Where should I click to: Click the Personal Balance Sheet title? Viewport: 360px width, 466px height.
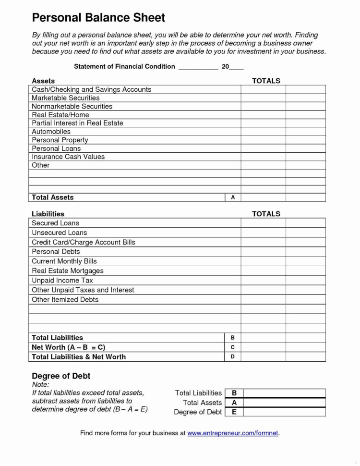pyautogui.click(x=98, y=18)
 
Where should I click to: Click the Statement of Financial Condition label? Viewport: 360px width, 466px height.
pyautogui.click(x=124, y=66)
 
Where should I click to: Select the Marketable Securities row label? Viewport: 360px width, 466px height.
pyautogui.click(x=66, y=98)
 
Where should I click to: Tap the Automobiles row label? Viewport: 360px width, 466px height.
pyautogui.click(x=51, y=132)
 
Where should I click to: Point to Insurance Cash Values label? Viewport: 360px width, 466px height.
pyautogui.click(x=68, y=157)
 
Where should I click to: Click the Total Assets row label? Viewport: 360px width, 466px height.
pyautogui.click(x=53, y=197)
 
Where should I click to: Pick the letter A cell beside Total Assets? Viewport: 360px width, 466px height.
pyautogui.click(x=233, y=197)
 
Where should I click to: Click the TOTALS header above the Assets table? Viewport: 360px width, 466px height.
pyautogui.click(x=266, y=81)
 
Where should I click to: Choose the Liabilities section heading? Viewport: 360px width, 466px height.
pyautogui.click(x=48, y=214)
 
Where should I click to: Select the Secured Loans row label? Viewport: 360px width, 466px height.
pyautogui.click(x=55, y=223)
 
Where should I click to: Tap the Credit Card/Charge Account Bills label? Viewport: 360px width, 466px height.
pyautogui.click(x=84, y=242)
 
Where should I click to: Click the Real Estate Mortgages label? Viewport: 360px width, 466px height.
pyautogui.click(x=67, y=271)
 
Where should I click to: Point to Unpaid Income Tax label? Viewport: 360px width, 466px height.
pyautogui.click(x=62, y=281)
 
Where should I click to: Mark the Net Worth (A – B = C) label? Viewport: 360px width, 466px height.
pyautogui.click(x=68, y=347)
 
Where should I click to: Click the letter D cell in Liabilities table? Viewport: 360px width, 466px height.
pyautogui.click(x=233, y=357)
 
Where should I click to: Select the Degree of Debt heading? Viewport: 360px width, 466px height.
pyautogui.click(x=61, y=376)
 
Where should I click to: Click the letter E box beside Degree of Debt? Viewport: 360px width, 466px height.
pyautogui.click(x=234, y=412)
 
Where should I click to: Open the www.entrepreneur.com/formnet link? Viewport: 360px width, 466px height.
pyautogui.click(x=233, y=433)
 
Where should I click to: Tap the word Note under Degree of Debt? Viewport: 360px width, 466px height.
pyautogui.click(x=40, y=385)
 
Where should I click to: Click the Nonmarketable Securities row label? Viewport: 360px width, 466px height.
pyautogui.click(x=72, y=106)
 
